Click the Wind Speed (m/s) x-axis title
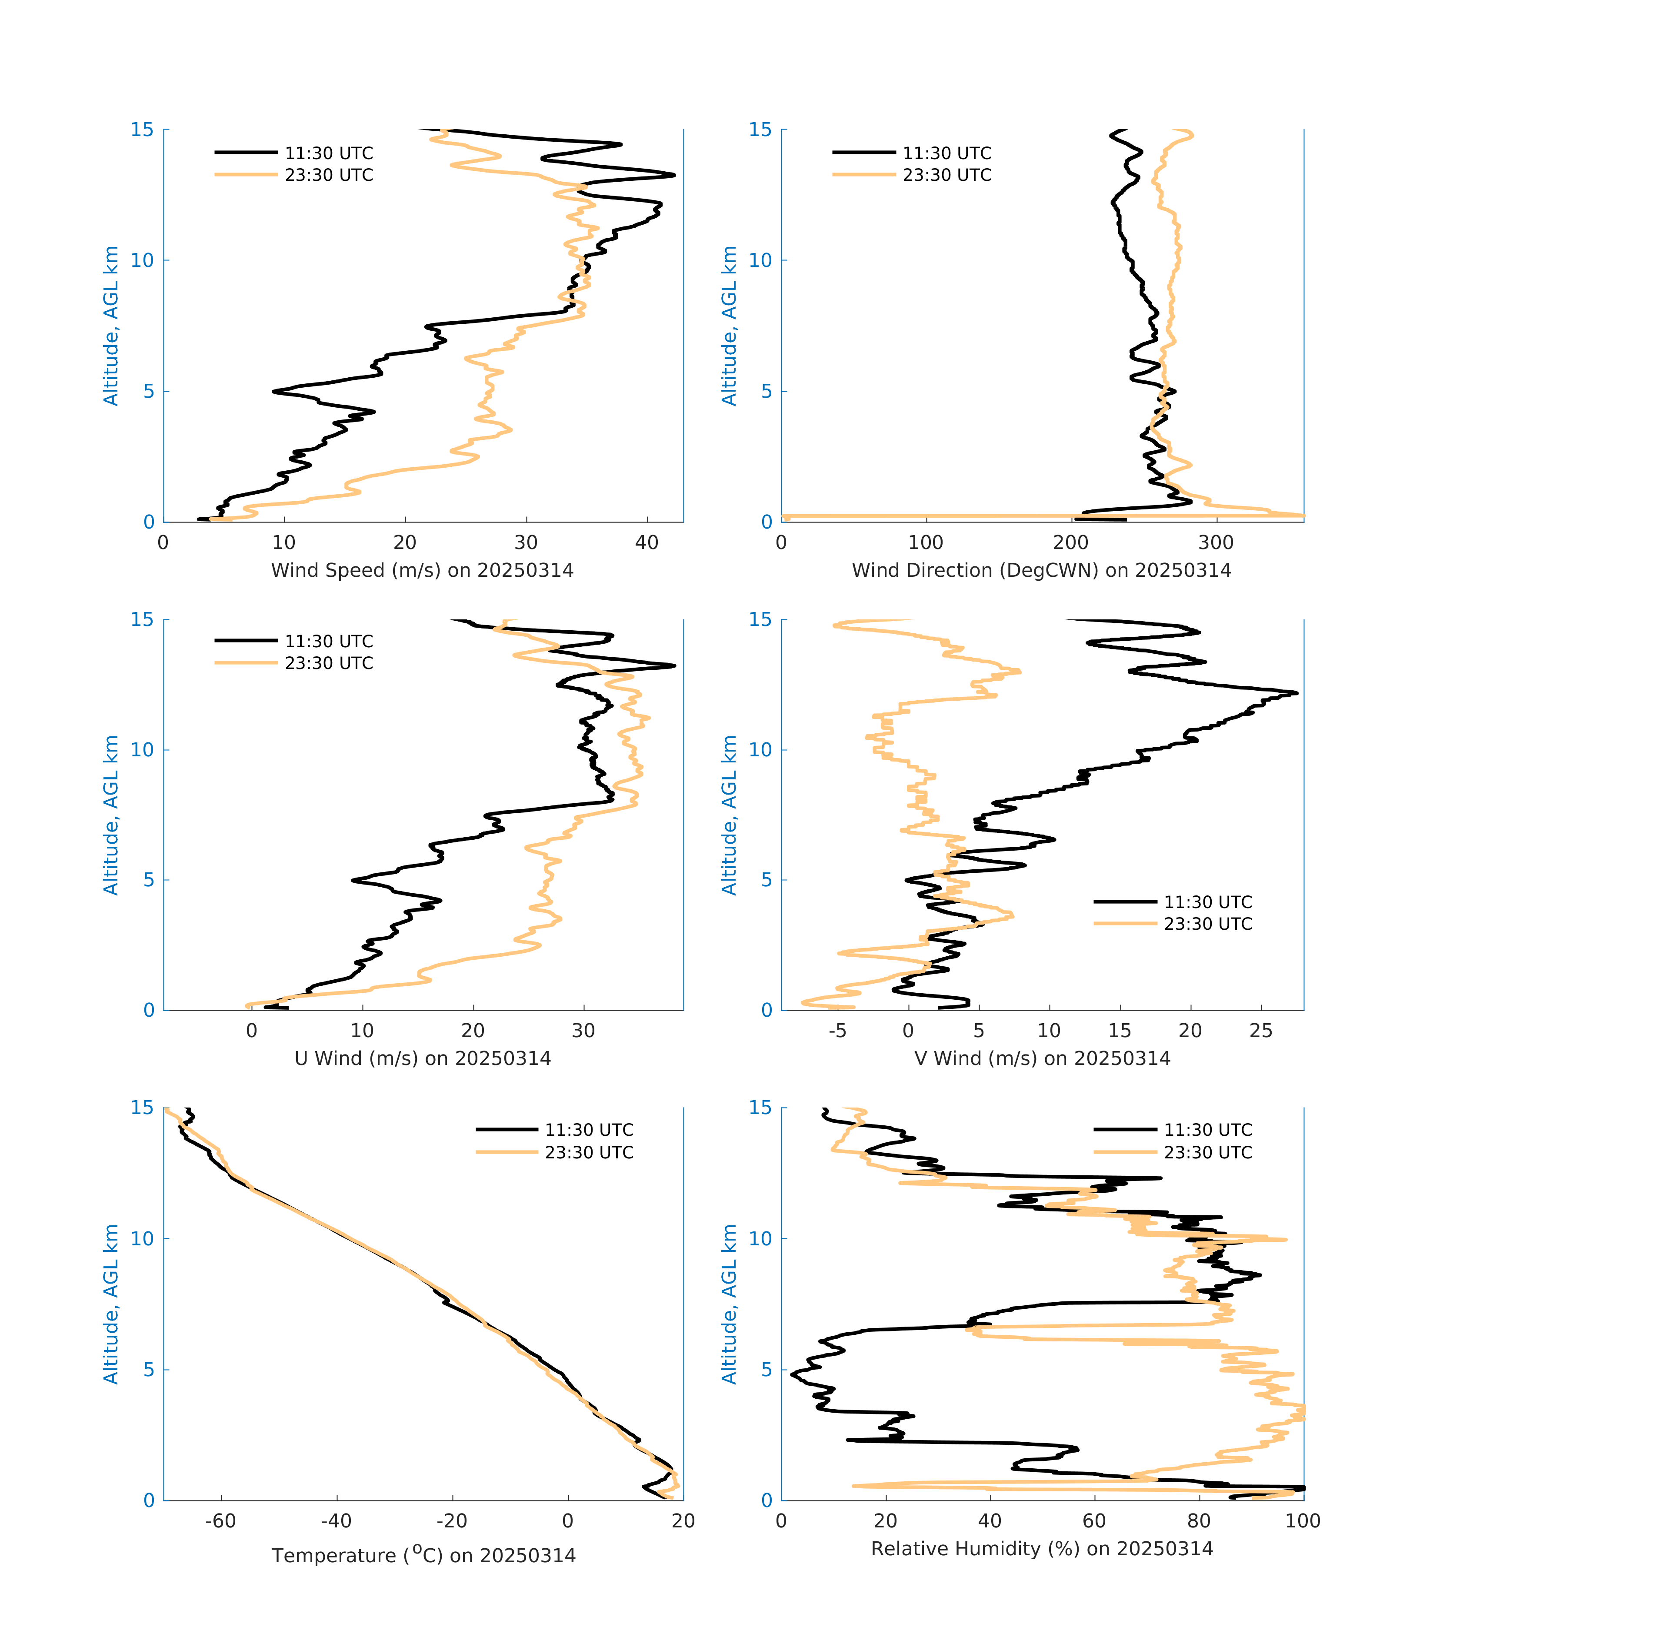coord(422,570)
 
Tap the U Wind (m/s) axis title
coord(422,1058)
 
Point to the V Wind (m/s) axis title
coord(1041,1058)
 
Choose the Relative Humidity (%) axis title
coord(1041,1549)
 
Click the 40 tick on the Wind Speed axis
coord(647,543)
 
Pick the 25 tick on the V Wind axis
coord(1260,1031)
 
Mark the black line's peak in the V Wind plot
coord(1296,692)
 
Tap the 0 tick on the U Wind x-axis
coord(251,1031)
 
